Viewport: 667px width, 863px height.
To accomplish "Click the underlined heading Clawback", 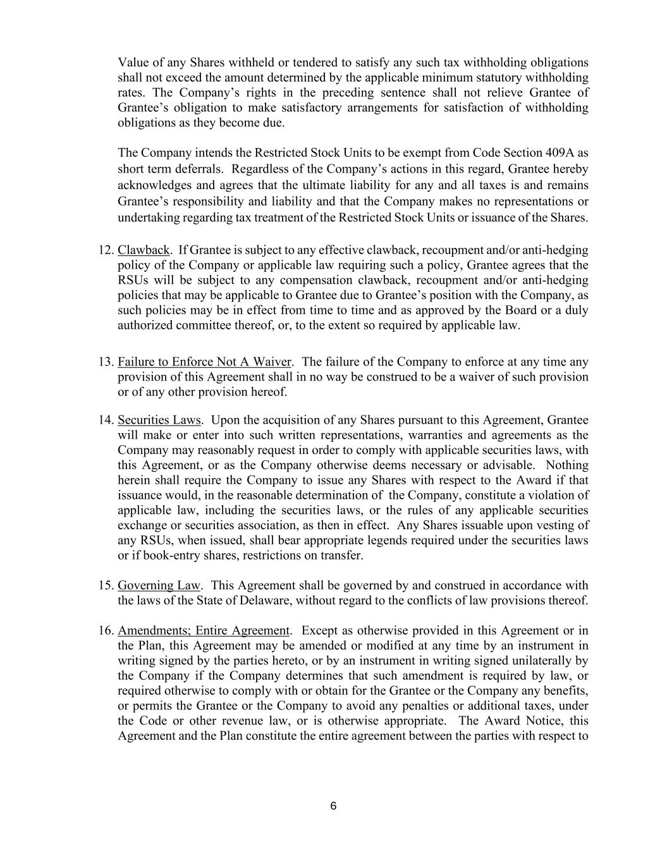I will coord(144,250).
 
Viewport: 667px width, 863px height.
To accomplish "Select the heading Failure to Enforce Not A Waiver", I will coord(204,362).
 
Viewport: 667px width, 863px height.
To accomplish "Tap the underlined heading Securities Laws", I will coord(159,420).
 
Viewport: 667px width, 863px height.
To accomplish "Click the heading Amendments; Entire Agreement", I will coord(204,631).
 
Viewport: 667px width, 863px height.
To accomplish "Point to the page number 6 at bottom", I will coord(333,806).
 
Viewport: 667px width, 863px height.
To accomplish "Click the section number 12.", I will coord(106,250).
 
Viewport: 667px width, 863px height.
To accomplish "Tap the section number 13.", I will coord(106,362).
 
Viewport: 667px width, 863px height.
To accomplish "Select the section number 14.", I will coord(106,420).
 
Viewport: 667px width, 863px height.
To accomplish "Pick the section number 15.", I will coord(106,585).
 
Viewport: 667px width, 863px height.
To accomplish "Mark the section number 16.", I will coord(106,631).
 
